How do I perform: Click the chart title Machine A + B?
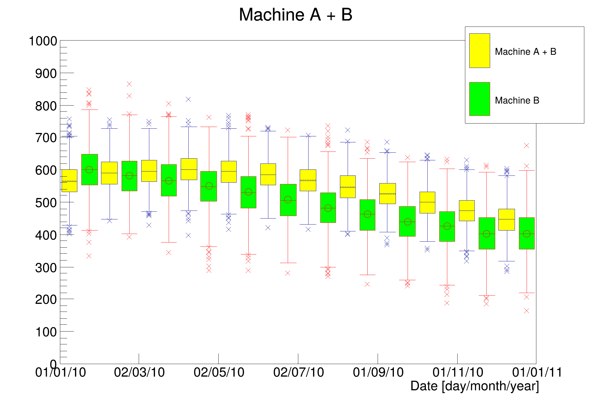(x=295, y=15)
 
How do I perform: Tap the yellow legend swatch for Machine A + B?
(x=480, y=50)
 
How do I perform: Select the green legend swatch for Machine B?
(x=480, y=99)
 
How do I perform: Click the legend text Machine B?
(x=517, y=100)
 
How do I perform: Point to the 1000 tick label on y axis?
(x=43, y=41)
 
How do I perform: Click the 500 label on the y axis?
(x=46, y=203)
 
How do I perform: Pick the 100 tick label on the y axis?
(x=46, y=332)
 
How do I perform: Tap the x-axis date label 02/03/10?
(x=139, y=372)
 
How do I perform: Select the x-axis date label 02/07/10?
(x=299, y=372)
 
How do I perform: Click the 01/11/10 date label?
(x=458, y=372)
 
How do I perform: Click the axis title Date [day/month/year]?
(x=474, y=386)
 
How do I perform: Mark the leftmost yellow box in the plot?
(x=69, y=181)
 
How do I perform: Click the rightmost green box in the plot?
(x=527, y=233)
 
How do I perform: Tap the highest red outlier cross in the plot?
(x=129, y=84)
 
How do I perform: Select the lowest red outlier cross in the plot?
(x=527, y=311)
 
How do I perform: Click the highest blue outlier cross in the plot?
(x=188, y=99)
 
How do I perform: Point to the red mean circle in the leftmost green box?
(x=89, y=169)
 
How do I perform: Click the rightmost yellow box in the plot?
(x=507, y=219)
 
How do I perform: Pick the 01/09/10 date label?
(x=378, y=372)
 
